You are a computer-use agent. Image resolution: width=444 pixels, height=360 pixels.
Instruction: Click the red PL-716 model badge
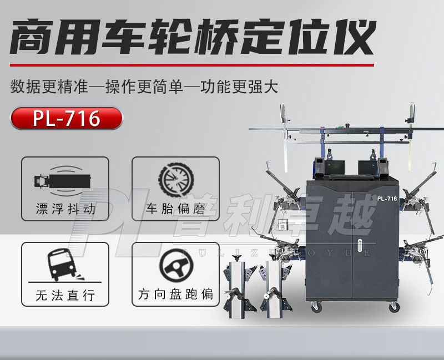(66, 118)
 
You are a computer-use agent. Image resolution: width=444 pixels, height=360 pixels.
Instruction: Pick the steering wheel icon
(175, 265)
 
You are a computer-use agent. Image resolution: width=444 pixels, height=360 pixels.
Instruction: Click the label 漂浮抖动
(65, 210)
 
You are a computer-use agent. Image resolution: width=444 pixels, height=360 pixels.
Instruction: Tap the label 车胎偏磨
(175, 210)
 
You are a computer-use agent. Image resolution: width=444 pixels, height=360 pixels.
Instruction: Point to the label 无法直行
(65, 295)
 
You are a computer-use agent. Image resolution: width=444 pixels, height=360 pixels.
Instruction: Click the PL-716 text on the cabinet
(386, 198)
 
